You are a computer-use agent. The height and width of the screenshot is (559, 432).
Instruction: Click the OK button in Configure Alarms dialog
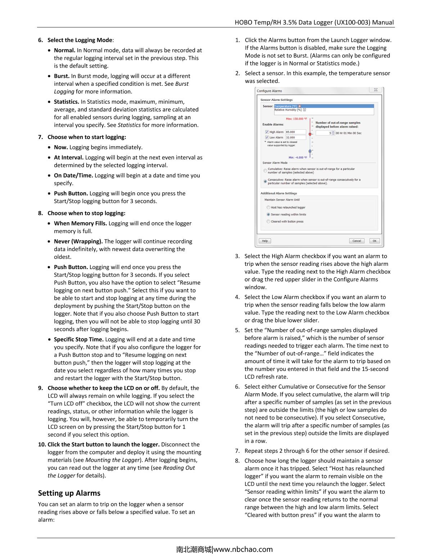point(374,241)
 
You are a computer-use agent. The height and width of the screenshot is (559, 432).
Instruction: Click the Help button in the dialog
point(265,241)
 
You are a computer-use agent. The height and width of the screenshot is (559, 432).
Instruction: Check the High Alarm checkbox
point(267,132)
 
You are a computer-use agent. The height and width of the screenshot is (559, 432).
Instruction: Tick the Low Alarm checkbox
point(267,138)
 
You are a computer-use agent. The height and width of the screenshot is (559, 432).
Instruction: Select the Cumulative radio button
point(265,171)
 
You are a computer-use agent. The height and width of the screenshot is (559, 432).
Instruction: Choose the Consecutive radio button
point(265,181)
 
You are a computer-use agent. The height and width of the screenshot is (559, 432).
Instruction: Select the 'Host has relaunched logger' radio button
point(268,207)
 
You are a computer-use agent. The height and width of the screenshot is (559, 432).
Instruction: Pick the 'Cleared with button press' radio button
point(268,222)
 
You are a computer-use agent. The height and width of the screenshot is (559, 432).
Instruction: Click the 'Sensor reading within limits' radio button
point(268,215)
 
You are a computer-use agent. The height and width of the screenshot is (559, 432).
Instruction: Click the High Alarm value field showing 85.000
point(295,132)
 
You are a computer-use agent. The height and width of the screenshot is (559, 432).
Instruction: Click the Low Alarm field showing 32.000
point(295,138)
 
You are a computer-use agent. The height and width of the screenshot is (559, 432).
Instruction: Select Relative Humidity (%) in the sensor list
point(288,110)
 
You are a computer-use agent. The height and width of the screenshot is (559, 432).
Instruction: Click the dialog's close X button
point(375,90)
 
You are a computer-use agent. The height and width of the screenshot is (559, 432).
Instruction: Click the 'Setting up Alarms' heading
point(69,493)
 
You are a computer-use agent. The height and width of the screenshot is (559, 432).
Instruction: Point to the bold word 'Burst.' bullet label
point(62,76)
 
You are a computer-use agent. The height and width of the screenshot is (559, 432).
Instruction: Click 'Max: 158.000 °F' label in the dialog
point(296,119)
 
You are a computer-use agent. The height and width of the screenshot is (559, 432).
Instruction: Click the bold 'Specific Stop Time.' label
point(78,339)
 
